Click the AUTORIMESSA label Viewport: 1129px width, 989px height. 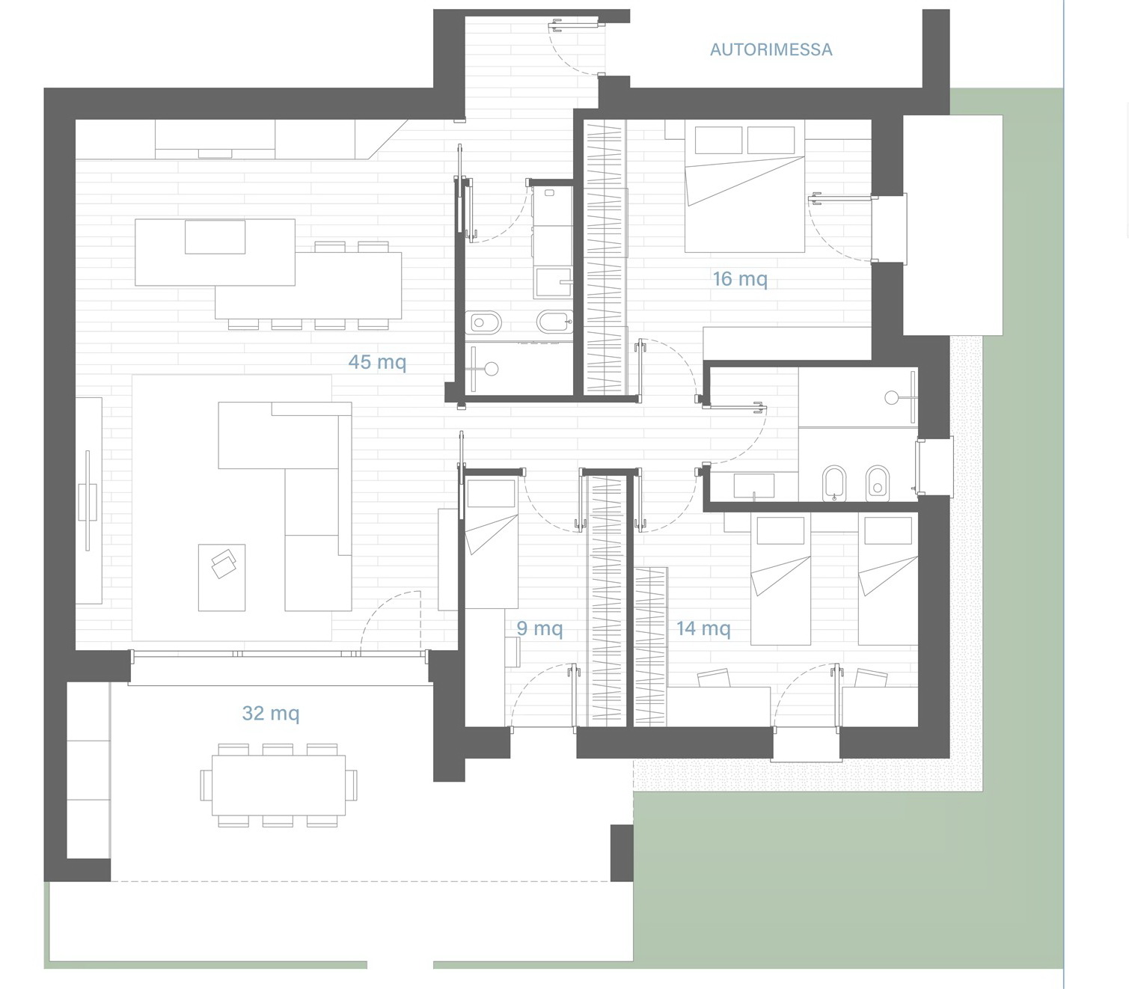(771, 50)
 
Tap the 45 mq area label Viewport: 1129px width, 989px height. (377, 362)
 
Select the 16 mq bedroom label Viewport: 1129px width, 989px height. (740, 278)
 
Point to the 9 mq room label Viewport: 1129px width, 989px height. (539, 628)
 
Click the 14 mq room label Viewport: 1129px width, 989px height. (703, 628)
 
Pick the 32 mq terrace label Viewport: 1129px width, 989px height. (271, 713)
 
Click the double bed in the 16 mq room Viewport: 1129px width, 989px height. (744, 187)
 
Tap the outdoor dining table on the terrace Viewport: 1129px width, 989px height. (278, 785)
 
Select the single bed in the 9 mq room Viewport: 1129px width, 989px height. (492, 544)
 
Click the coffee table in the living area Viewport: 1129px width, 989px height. (221, 578)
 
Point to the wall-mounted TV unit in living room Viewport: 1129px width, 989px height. (88, 500)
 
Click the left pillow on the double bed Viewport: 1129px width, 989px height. (718, 140)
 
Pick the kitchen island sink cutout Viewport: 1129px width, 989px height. (215, 237)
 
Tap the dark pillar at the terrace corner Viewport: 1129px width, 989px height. (622, 853)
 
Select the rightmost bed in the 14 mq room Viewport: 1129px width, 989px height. (887, 580)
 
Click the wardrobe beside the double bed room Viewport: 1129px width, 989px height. (605, 257)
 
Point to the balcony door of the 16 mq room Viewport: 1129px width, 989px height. (842, 228)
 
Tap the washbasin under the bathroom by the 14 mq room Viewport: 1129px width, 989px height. (754, 486)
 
